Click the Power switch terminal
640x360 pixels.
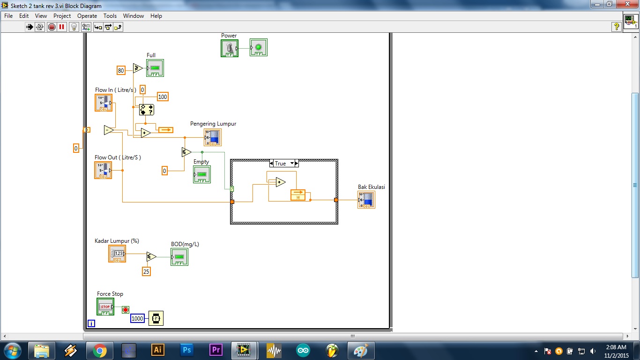click(x=229, y=48)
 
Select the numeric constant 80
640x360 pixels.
click(x=121, y=70)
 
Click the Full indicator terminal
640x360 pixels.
click(x=155, y=68)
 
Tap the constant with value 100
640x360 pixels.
click(x=162, y=97)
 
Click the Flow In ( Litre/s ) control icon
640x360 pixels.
click(x=104, y=103)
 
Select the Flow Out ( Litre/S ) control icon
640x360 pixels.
click(x=103, y=170)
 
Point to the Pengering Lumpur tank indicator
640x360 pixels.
click(x=213, y=137)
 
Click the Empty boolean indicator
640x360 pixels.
click(x=202, y=174)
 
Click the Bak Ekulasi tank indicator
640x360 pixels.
click(x=366, y=200)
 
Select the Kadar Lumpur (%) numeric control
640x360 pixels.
click(x=117, y=254)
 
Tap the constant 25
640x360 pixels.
click(x=146, y=271)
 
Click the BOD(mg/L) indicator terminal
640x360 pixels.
click(x=179, y=257)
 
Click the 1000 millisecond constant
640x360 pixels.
click(x=137, y=318)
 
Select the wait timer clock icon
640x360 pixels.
click(x=156, y=318)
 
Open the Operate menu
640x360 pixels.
click(x=87, y=16)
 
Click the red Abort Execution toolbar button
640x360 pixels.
click(x=52, y=27)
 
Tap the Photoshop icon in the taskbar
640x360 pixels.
click(x=186, y=350)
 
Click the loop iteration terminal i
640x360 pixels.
click(x=91, y=323)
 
